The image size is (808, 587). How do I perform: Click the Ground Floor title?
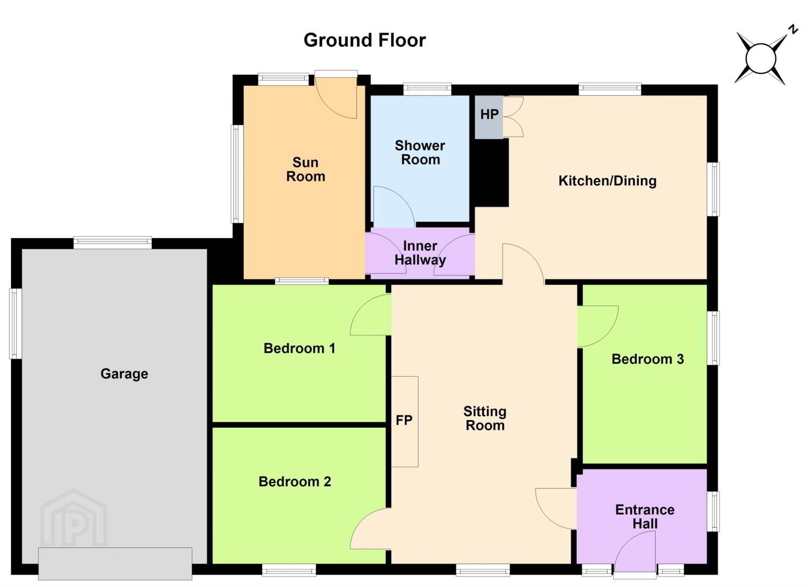coord(365,40)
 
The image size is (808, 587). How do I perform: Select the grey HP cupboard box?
coord(489,117)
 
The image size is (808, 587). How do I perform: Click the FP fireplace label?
coord(404,420)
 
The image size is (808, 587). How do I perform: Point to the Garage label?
coord(124,374)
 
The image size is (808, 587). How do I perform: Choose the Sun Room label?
coord(306,170)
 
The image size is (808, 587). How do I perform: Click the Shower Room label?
coord(420,152)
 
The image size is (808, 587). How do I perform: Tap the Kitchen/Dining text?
coord(607,181)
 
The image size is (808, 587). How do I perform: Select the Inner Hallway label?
coord(420,253)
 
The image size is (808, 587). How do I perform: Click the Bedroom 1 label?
coord(299,348)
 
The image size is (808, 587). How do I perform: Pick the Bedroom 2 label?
coord(295,482)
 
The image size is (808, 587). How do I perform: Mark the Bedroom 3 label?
coord(647,359)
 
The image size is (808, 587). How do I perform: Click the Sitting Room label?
coord(485,419)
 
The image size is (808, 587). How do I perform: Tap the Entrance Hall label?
coord(645,517)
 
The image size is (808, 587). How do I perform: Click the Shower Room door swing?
coord(394,207)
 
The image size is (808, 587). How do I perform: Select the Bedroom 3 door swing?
coord(598,327)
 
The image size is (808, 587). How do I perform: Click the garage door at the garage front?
coord(115,564)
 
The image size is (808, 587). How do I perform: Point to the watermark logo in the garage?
coord(73,517)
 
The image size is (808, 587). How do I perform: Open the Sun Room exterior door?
coord(336,97)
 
